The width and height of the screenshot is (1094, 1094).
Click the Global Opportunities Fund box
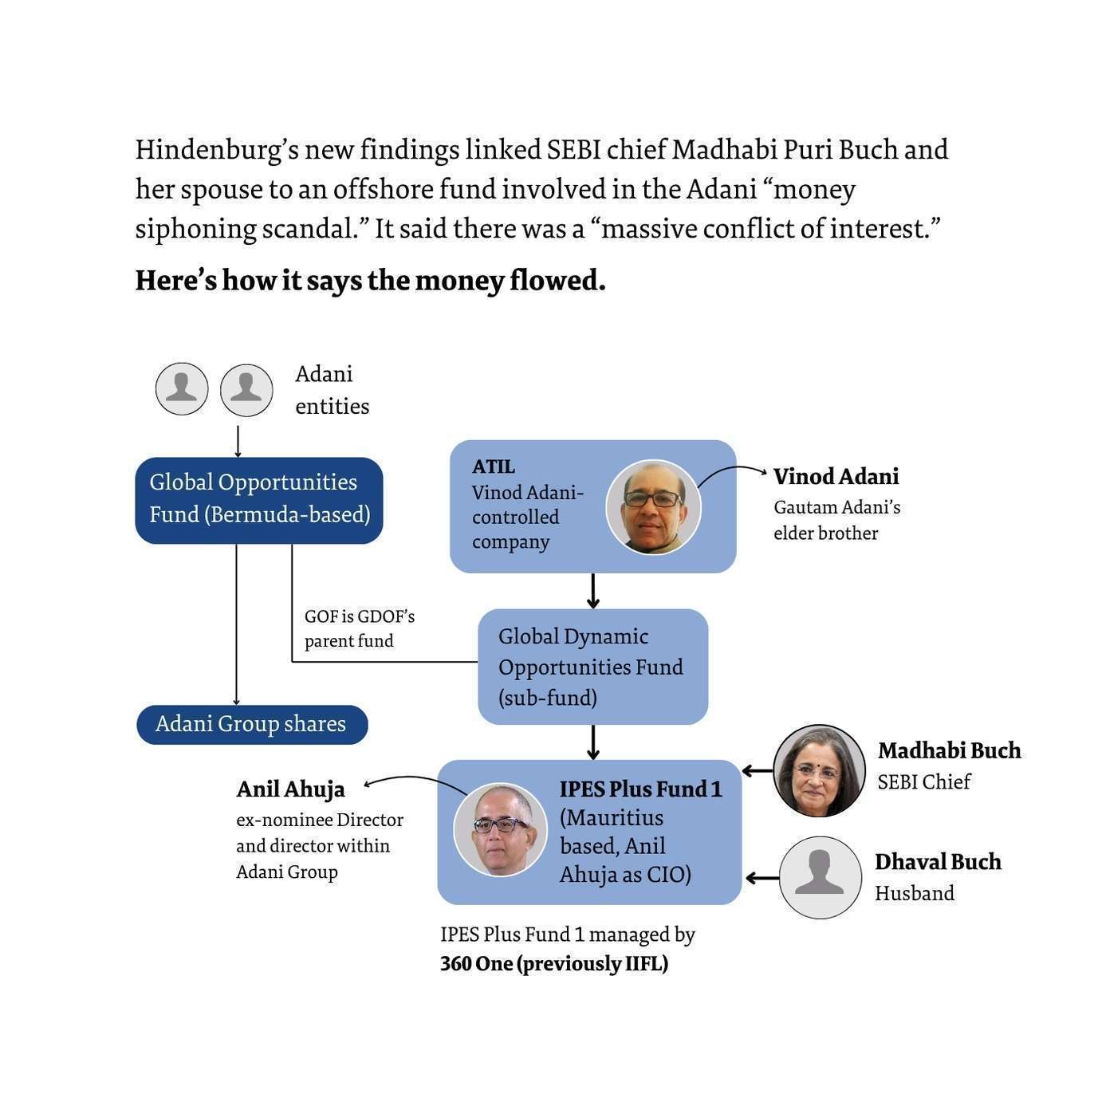(259, 500)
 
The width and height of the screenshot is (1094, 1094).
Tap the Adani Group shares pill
(252, 724)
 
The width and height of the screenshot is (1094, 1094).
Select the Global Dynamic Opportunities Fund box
(592, 667)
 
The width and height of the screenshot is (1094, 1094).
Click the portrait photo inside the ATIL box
(653, 507)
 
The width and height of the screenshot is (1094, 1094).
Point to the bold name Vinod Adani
(836, 476)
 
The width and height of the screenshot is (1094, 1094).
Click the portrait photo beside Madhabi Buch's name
(819, 770)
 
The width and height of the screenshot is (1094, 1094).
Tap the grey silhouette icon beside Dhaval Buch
(820, 877)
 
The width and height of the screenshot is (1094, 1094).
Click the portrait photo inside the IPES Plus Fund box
(500, 829)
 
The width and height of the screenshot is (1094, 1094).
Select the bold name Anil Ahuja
(290, 789)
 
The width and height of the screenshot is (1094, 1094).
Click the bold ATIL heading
(494, 466)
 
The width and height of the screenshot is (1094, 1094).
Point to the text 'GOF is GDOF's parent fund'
(359, 628)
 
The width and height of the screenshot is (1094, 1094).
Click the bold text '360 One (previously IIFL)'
(554, 964)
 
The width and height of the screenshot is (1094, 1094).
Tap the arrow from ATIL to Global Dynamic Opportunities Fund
(592, 591)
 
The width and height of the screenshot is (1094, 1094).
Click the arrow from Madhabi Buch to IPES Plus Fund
(758, 770)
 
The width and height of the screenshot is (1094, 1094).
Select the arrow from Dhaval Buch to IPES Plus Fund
(761, 878)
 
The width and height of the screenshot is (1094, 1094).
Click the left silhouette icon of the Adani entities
(182, 389)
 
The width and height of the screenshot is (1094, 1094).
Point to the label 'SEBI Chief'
(923, 781)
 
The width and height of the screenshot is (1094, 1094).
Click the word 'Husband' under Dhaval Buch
(914, 893)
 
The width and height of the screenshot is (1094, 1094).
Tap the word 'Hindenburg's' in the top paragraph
(214, 150)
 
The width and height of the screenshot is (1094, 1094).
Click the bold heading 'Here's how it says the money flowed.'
(370, 281)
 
